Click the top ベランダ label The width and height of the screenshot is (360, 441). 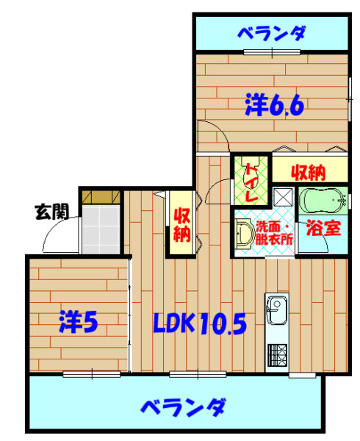pos(272,34)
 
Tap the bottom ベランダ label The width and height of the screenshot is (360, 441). pos(183,407)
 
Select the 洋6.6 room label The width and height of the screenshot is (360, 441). pos(275,105)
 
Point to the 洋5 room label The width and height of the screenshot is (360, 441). pos(79,322)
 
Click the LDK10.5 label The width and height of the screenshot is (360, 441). pos(200,323)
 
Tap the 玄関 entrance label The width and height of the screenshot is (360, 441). pos(52,212)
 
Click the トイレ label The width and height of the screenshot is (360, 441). pos(252,182)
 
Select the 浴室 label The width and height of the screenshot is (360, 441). pos(323,228)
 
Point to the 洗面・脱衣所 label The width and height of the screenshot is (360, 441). pos(274,234)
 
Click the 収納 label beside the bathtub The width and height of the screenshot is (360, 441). pos(309,173)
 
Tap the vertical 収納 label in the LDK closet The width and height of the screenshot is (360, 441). pos(181,225)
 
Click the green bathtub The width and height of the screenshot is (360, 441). pos(323,200)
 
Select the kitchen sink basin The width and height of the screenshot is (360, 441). pos(277,310)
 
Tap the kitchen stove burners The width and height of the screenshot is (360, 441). pos(277,355)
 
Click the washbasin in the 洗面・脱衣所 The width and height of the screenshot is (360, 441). pos(244,234)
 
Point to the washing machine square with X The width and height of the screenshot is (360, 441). pos(283,196)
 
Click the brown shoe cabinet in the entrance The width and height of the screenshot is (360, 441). pos(101,198)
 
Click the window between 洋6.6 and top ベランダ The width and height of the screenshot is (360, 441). pos(272,52)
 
